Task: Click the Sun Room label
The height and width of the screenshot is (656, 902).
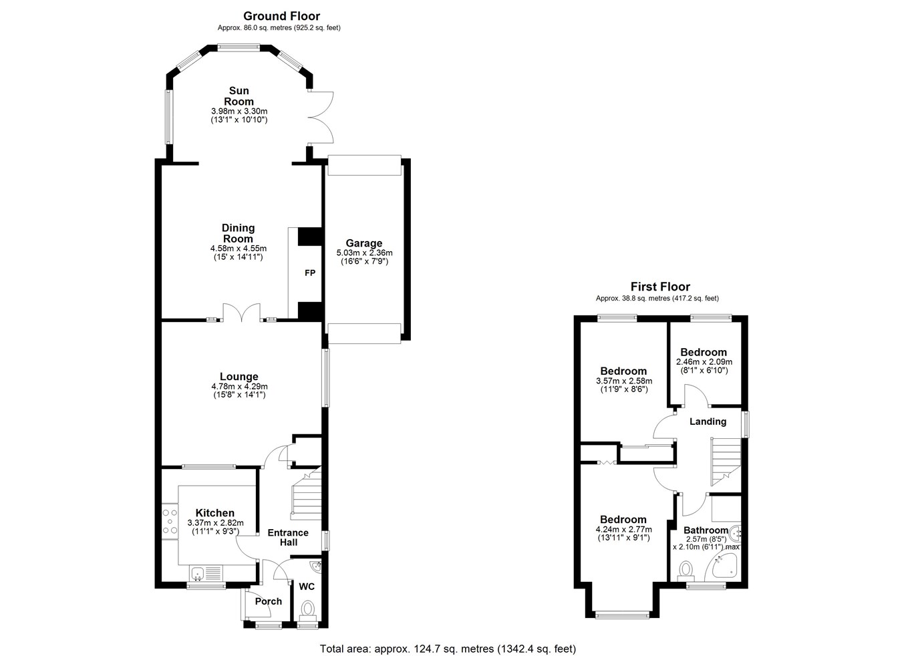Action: (239, 96)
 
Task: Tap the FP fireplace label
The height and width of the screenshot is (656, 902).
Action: (309, 273)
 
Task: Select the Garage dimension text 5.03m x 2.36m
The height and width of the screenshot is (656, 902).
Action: (364, 253)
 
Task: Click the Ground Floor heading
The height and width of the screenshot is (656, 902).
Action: (281, 16)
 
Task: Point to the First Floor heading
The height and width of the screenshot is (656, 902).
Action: (660, 287)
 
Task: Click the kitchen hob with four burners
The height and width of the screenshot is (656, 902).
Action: (170, 521)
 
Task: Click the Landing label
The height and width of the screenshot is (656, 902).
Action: (708, 422)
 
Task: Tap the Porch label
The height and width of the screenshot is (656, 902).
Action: (268, 601)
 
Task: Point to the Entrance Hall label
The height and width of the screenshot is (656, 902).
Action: (289, 537)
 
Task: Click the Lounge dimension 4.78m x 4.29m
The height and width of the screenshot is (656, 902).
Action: (240, 386)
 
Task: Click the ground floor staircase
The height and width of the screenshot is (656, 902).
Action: (306, 493)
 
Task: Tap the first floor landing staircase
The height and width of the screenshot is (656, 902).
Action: (726, 462)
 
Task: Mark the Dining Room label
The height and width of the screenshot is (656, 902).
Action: (239, 234)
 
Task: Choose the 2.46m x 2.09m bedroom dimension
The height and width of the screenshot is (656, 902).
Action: (704, 361)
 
